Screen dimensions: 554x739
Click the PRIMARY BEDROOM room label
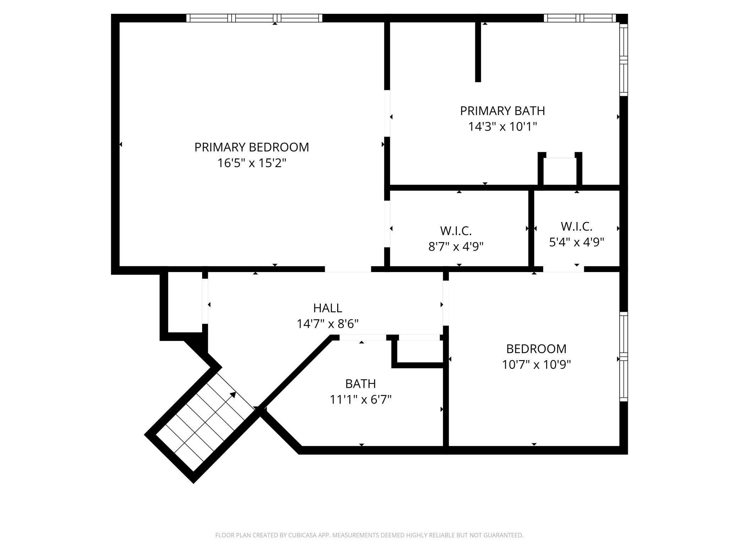252,147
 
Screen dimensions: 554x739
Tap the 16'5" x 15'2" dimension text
252,163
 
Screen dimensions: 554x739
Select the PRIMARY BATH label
502,111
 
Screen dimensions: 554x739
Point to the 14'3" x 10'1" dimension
502,126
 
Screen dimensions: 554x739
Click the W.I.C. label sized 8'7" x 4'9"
456,231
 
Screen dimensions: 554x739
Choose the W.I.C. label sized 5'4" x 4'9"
576,226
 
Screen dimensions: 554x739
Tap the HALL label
328,308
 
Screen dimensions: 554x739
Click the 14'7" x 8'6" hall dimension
328,324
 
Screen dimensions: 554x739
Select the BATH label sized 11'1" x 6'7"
360,384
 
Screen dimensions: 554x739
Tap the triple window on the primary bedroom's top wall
254,18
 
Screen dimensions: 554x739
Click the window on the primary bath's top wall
579,18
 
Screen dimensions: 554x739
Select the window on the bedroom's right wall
624,357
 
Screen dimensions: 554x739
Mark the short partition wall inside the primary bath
478,51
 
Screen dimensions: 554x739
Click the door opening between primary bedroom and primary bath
387,113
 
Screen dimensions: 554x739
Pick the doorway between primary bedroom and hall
348,269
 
